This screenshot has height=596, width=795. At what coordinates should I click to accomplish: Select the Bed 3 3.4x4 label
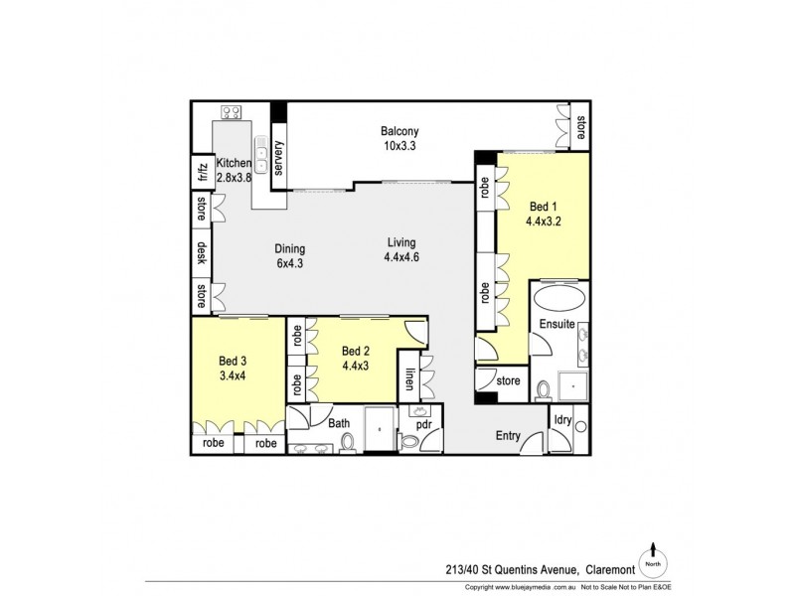click(235, 370)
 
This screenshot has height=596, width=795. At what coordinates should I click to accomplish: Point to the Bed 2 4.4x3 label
click(358, 359)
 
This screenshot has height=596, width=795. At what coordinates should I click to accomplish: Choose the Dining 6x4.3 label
click(289, 257)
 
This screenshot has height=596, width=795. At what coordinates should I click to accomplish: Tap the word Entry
click(509, 435)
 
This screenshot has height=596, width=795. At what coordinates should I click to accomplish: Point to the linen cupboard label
click(409, 378)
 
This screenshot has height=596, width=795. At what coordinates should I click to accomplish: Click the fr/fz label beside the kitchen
click(200, 171)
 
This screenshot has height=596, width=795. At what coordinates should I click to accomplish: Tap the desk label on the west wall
click(200, 251)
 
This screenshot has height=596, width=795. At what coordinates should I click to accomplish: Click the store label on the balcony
click(580, 124)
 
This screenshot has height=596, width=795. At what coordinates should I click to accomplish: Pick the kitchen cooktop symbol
click(234, 112)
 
